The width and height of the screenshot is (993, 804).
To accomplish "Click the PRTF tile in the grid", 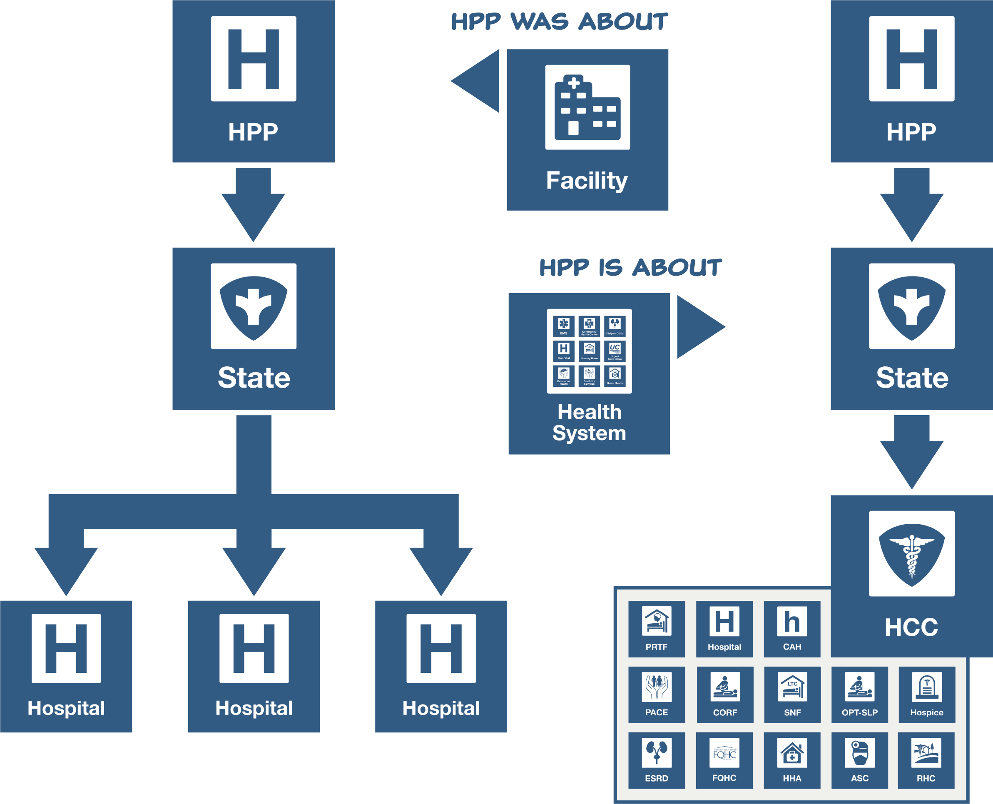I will (656, 628).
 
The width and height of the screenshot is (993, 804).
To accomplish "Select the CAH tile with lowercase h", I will (791, 628).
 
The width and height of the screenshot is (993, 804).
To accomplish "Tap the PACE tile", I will (656, 694).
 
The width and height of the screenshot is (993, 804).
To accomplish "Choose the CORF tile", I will (724, 694).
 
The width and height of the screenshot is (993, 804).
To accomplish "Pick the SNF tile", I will (792, 694).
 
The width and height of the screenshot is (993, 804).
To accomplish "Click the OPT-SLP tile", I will (860, 694).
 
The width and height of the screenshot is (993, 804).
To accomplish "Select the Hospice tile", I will (926, 694).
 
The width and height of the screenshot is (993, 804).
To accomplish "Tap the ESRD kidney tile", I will (656, 760).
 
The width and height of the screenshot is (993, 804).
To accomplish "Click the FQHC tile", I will (724, 760).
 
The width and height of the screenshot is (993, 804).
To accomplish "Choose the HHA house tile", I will (791, 760).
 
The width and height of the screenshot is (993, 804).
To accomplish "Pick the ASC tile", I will (860, 760).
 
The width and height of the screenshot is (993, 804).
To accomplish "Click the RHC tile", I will (926, 760).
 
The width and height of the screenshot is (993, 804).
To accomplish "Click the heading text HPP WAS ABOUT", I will (559, 21).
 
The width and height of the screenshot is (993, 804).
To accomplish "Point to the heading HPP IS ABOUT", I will (630, 267).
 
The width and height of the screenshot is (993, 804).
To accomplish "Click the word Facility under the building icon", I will (587, 180).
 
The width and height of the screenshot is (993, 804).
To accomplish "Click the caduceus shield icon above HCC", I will (911, 553).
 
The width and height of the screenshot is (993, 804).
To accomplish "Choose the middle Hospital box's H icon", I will (254, 648).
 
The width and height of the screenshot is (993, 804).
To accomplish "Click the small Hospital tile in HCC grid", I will (724, 628).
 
